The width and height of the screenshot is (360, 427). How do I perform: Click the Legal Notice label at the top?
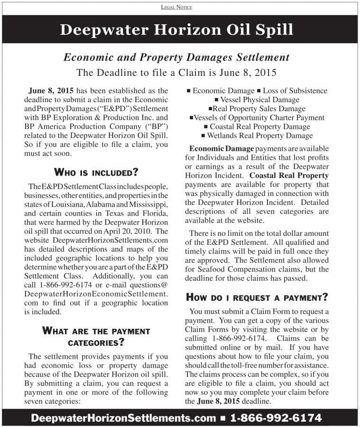180,7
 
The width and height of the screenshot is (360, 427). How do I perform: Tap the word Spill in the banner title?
270,29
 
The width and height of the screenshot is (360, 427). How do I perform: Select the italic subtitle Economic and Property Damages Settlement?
176,57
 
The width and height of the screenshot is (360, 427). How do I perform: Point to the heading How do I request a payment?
257,297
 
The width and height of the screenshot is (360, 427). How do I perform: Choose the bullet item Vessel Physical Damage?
259,100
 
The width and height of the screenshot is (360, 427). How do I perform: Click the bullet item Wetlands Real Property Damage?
260,136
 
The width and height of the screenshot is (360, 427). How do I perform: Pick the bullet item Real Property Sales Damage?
259,109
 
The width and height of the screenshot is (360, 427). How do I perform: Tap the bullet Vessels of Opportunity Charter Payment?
257,118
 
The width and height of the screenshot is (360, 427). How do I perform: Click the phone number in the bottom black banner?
276,418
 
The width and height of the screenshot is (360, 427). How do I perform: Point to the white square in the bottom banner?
222,418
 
